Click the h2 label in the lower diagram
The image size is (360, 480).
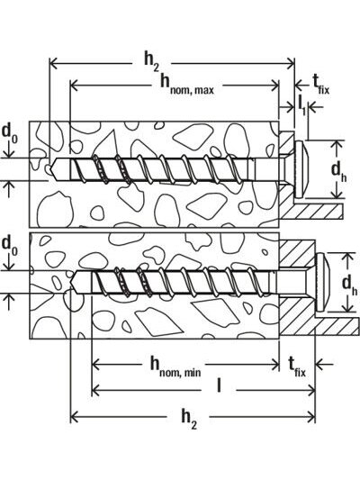[x=189, y=419]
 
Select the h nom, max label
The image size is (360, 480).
[x=187, y=84]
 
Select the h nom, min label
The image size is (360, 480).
[x=175, y=367]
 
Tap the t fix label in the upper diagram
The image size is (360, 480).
[x=320, y=85]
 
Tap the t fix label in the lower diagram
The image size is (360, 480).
[x=297, y=367]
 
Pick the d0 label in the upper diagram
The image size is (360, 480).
[x=9, y=134]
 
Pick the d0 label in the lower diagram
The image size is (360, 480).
[x=9, y=246]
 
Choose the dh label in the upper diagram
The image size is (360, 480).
[x=339, y=171]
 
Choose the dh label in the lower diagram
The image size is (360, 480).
[x=349, y=285]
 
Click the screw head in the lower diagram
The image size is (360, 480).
[x=322, y=283]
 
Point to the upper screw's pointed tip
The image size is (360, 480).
[x=50, y=169]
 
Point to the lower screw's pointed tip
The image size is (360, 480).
[x=71, y=282]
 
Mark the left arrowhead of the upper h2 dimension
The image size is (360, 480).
[x=53, y=64]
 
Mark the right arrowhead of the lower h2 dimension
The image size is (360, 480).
[x=311, y=417]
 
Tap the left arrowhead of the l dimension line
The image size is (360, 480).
[x=95, y=390]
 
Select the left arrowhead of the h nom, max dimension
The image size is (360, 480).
[x=75, y=85]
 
